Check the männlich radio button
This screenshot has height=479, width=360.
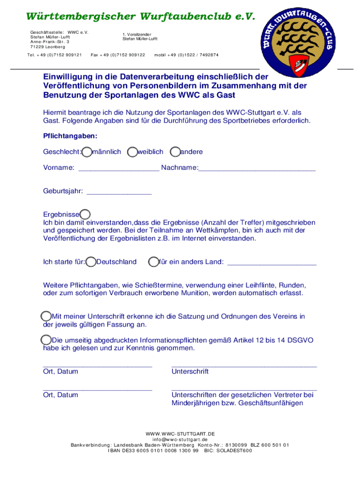tap(87, 152)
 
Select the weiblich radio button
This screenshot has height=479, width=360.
tap(133, 152)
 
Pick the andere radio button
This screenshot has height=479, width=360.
tap(175, 152)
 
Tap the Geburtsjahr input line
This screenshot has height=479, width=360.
tap(119, 192)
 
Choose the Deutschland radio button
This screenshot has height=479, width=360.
tap(92, 262)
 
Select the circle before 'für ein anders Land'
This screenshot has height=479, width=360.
tap(153, 262)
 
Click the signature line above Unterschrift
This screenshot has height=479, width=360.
tap(244, 365)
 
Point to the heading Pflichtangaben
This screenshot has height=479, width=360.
tap(70, 136)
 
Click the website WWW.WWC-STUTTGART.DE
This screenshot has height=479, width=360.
tap(180, 434)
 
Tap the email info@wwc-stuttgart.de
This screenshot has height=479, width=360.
tap(180, 439)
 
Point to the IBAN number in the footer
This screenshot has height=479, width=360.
tap(153, 450)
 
